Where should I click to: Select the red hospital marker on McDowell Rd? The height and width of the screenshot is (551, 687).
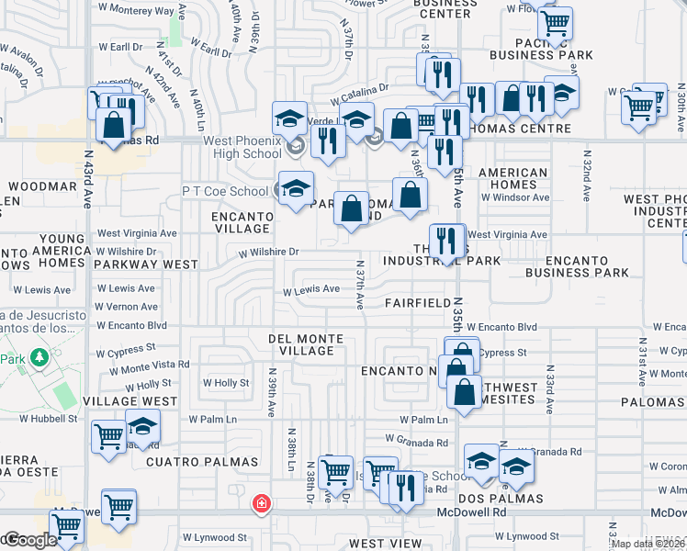coord(262,503)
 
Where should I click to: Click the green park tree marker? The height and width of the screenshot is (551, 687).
coord(39,355)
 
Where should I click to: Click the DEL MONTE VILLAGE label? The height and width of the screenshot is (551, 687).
coord(306,344)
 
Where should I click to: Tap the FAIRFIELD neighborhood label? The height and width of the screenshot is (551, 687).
coord(418,302)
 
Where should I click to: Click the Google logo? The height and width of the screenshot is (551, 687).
coord(29,541)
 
